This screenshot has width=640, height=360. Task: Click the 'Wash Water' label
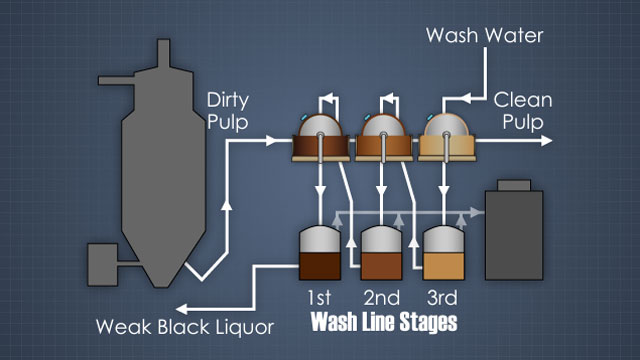coord(484,36)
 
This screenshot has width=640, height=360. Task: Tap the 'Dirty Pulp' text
coord(227,111)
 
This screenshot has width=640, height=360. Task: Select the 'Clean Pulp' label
coord(523,111)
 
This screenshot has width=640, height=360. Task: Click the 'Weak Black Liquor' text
coord(185,327)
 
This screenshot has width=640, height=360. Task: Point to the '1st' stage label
coord(319,298)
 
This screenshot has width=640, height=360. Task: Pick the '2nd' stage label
coord(382,298)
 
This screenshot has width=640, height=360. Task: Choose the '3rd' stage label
coord(442,298)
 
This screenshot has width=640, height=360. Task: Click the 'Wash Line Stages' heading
coord(384,322)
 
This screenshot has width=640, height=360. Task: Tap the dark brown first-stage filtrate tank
coord(320,253)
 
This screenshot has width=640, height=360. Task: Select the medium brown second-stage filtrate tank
coord(382,253)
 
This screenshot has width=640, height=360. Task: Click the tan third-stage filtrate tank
coord(444,253)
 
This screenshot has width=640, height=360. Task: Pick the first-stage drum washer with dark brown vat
coord(321,138)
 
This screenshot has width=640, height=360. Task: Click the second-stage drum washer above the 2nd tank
coord(384,138)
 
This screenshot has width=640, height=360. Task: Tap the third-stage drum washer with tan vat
coord(447,138)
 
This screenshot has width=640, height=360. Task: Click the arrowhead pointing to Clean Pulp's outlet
coord(547,141)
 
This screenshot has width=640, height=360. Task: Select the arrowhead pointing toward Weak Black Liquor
coord(181,309)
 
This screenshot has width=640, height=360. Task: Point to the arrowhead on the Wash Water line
coord(465,98)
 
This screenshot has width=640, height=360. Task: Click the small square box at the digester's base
coord(103,264)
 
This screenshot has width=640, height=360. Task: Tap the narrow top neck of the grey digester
coord(164,53)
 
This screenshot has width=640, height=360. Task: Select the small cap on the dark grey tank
coord(514,185)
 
